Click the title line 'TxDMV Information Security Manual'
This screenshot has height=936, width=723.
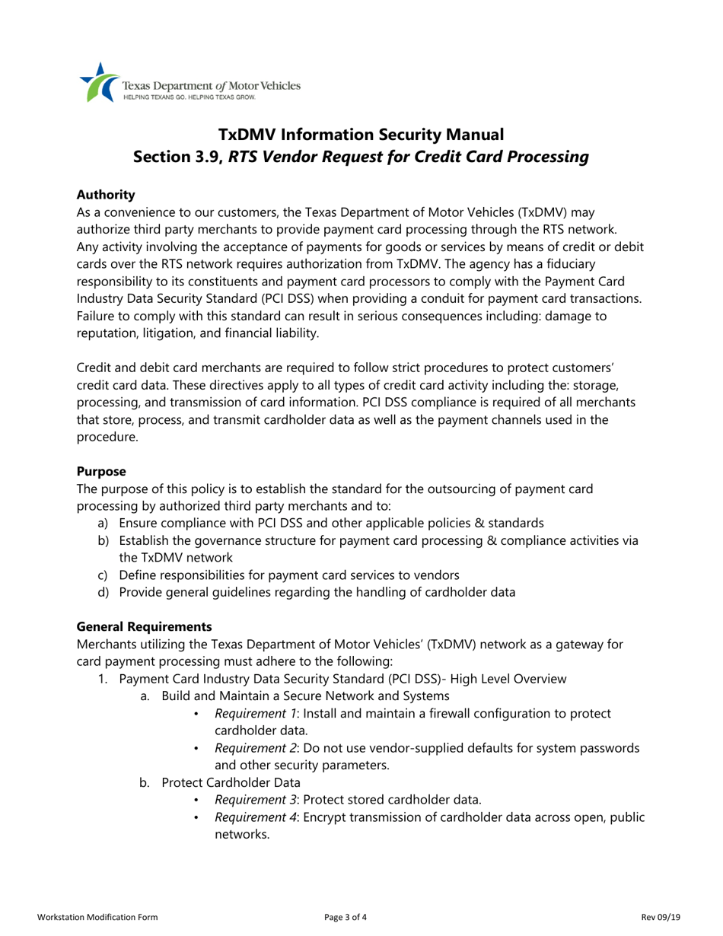(x=361, y=135)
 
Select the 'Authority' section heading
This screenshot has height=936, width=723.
(x=107, y=195)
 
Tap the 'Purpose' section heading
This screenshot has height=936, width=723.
(x=101, y=472)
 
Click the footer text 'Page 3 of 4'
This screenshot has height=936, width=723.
(x=346, y=917)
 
